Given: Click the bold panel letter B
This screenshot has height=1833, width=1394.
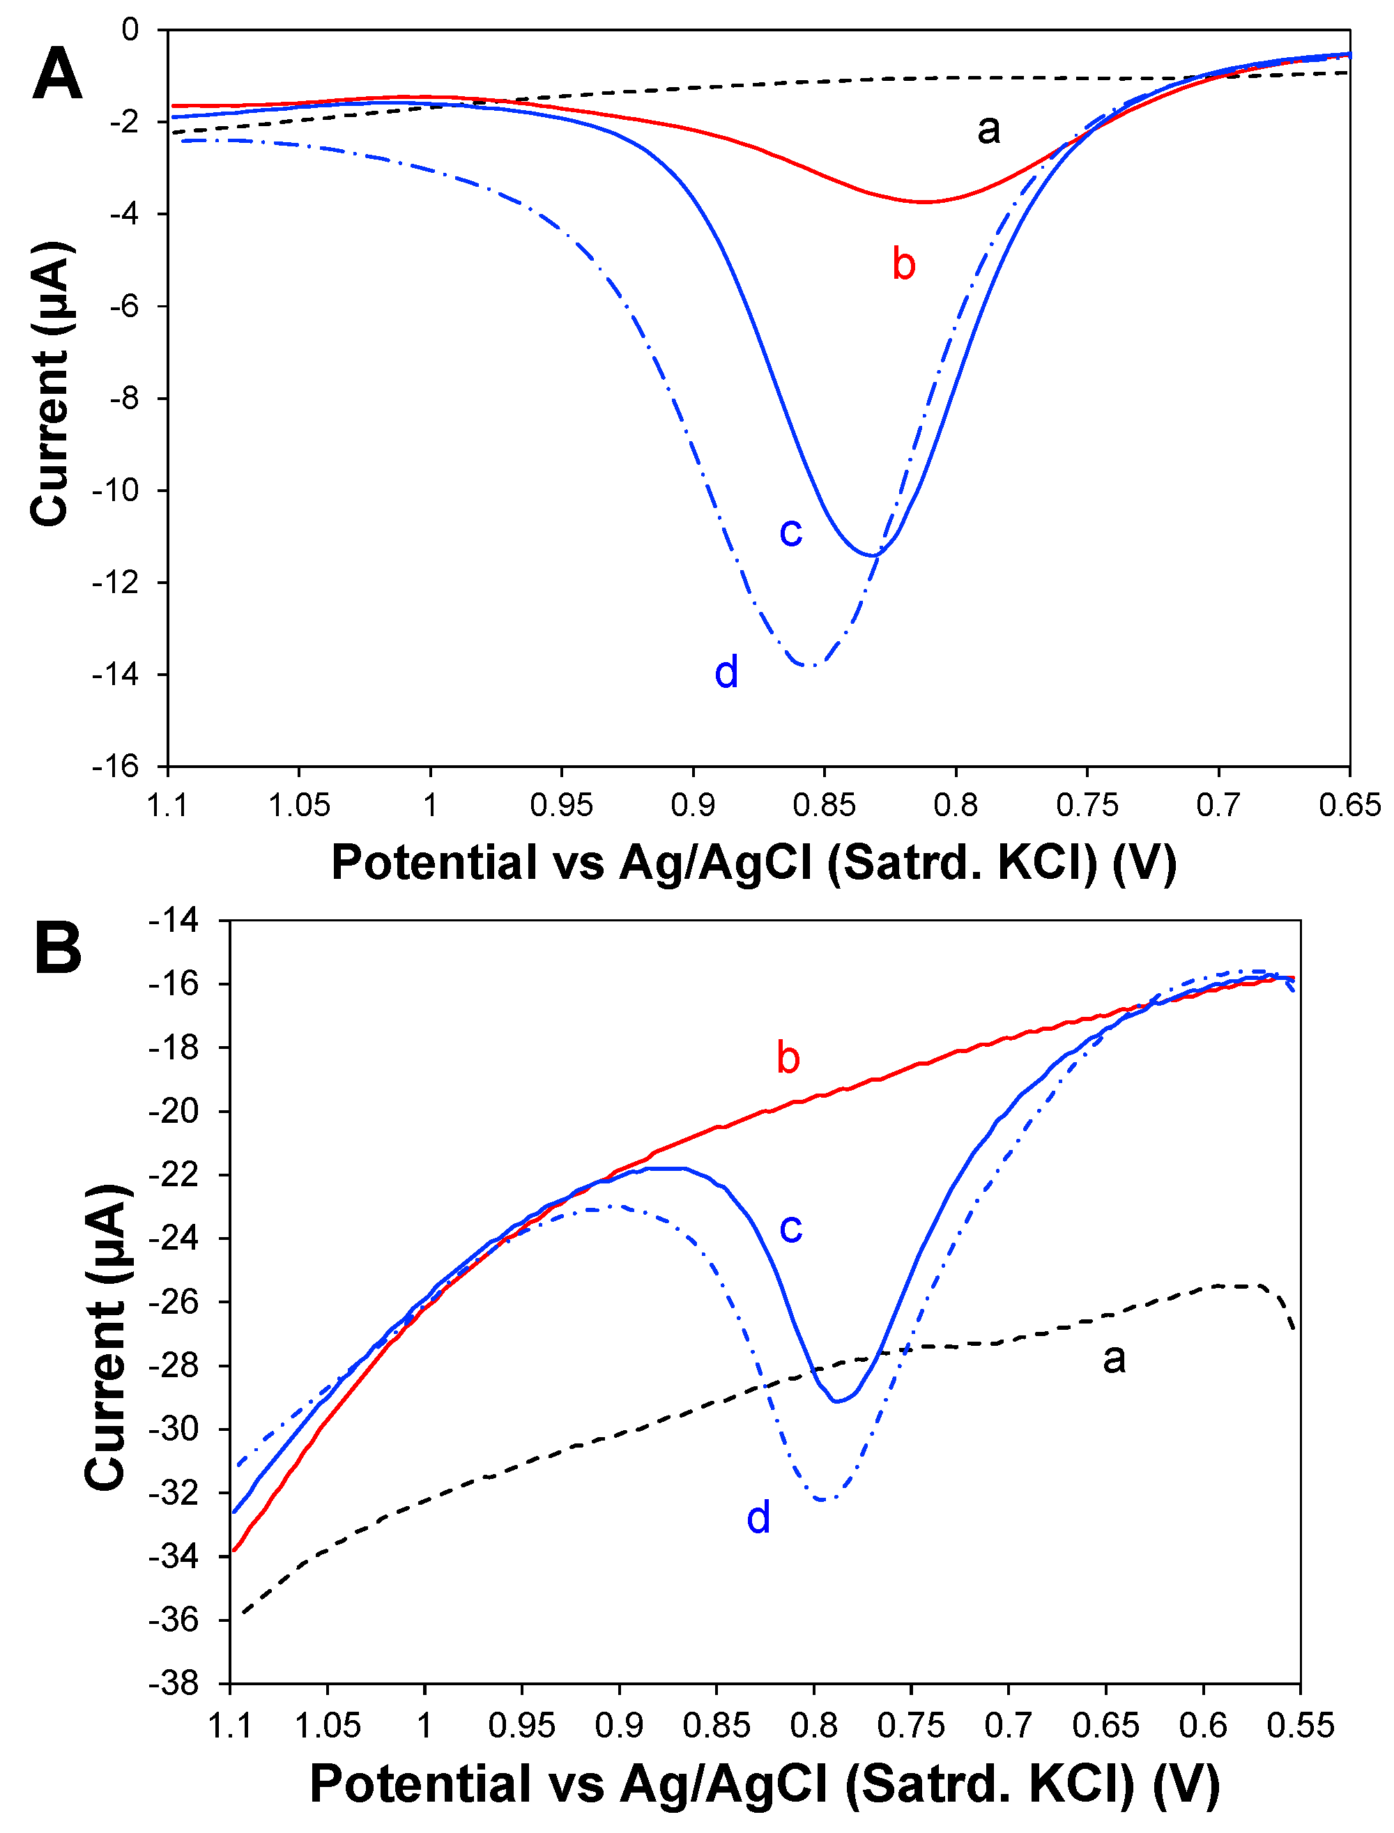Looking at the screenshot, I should click(58, 949).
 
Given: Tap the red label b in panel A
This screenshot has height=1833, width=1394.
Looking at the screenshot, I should click(903, 264).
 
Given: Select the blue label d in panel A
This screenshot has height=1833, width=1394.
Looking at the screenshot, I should click(726, 671).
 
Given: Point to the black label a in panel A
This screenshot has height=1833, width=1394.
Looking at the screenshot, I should click(988, 130).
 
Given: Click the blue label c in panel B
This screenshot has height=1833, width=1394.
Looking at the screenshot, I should click(791, 1228).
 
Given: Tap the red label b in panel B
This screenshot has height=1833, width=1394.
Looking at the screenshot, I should click(788, 1058).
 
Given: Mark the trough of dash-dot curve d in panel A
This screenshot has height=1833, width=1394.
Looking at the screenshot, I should click(811, 666).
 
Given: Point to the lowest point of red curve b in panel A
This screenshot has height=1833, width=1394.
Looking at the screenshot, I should click(923, 201).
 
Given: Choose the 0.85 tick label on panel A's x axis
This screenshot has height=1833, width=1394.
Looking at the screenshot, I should click(824, 805).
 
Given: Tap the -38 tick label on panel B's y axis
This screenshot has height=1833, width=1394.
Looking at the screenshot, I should click(174, 1684).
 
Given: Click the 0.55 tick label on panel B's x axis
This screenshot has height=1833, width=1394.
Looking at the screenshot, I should click(1300, 1726).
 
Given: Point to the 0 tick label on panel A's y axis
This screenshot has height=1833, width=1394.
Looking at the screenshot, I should click(130, 31).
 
